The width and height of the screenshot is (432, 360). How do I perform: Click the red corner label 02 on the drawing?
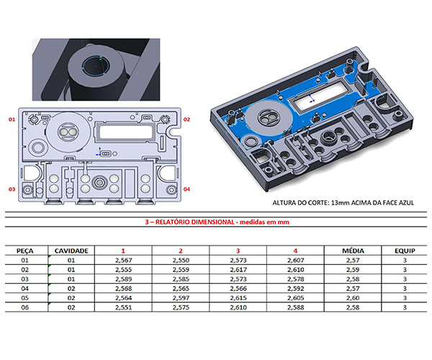tap(186, 119)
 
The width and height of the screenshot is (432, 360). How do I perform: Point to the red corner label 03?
tap(11, 189)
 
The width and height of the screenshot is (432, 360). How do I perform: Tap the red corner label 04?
tap(186, 189)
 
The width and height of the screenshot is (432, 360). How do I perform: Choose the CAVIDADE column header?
tap(71, 250)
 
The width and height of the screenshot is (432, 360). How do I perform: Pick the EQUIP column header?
tap(405, 250)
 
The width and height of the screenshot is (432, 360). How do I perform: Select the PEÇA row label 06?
tap(27, 307)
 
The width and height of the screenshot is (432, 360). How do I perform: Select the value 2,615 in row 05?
tap(238, 298)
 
